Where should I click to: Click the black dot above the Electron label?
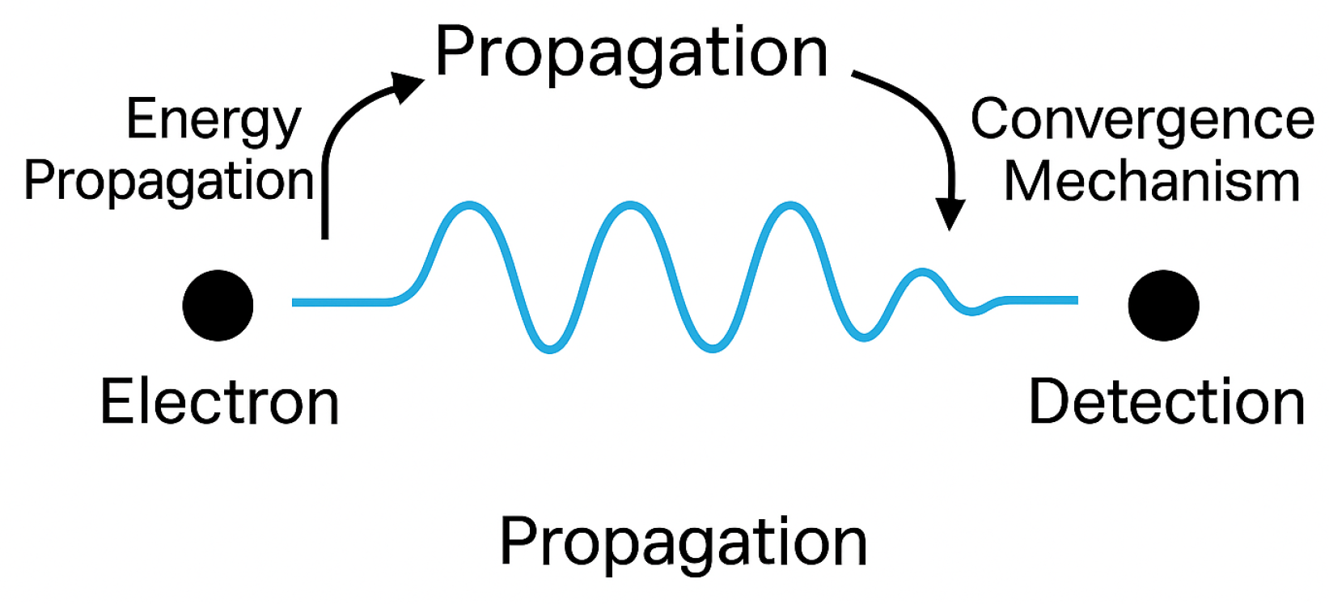point(218,306)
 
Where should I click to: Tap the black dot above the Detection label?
point(1163,306)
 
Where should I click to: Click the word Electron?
point(219,403)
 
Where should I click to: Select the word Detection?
point(1166,403)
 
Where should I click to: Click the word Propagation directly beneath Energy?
point(169,181)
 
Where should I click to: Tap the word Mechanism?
point(1152,181)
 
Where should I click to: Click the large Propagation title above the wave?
point(632,53)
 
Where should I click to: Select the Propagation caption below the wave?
point(684,542)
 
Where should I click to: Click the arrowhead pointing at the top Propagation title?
point(409,84)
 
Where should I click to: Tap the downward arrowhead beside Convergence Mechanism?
point(950,213)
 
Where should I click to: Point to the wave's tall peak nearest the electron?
point(468,206)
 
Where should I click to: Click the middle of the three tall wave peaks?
point(630,206)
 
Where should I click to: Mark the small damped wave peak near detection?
point(922,272)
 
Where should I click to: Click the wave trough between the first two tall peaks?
point(549,348)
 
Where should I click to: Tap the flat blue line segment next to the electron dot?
point(340,302)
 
